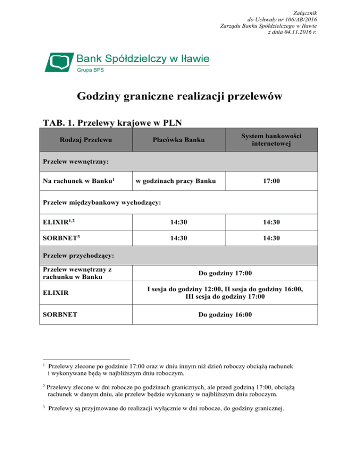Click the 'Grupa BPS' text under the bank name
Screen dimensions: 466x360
pyautogui.click(x=90, y=70)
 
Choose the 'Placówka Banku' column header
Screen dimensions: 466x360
pyautogui.click(x=178, y=140)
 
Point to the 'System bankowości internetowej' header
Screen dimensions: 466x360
pyautogui.click(x=271, y=140)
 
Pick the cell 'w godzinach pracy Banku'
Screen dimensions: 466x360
pyautogui.click(x=174, y=181)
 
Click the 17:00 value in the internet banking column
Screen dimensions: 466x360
pyautogui.click(x=271, y=181)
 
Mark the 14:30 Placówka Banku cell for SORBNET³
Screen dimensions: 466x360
pyautogui.click(x=178, y=238)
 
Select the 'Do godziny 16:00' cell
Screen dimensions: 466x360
pyautogui.click(x=225, y=316)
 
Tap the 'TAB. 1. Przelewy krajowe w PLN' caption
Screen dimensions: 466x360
pyautogui.click(x=112, y=122)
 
